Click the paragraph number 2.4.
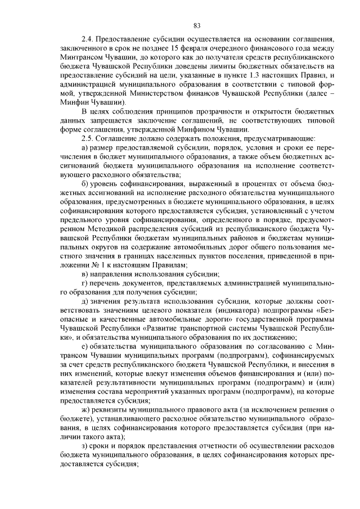(87, 40)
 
